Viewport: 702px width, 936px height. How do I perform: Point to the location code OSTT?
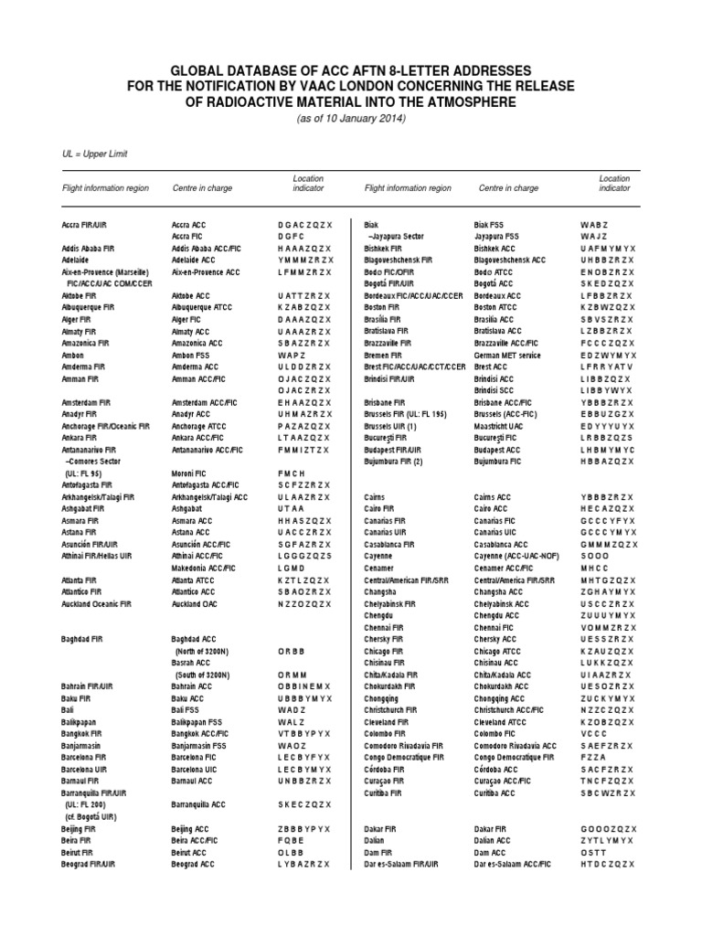[x=593, y=851]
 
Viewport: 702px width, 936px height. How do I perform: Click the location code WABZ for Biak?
[x=594, y=224]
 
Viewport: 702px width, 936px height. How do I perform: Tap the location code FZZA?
[x=593, y=757]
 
